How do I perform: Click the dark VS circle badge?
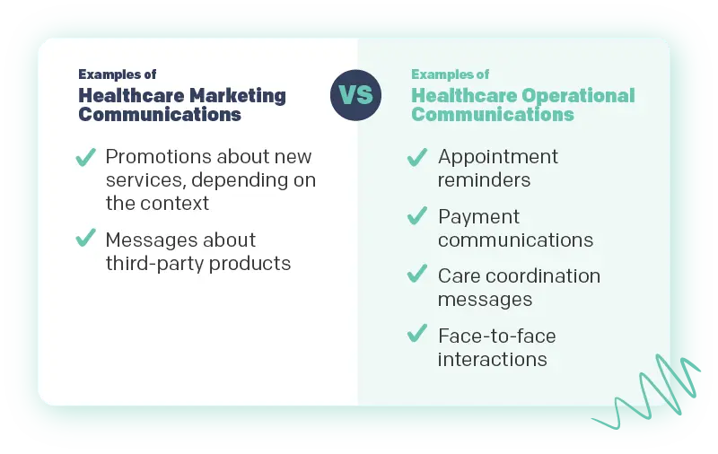coord(355,94)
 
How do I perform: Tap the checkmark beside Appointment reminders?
coord(416,159)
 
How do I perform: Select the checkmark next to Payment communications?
coord(416,216)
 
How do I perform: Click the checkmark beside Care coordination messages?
coord(416,275)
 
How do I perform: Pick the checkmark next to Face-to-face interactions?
coord(416,335)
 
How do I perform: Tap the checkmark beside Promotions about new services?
coord(85,159)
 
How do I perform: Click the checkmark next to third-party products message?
coord(85,239)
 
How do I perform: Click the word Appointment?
coord(497,157)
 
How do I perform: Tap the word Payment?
coord(478,217)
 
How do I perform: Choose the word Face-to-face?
coord(496,336)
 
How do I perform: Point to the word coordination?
coord(541,276)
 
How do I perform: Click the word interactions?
coord(492,360)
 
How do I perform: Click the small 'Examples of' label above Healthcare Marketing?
coord(117,74)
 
